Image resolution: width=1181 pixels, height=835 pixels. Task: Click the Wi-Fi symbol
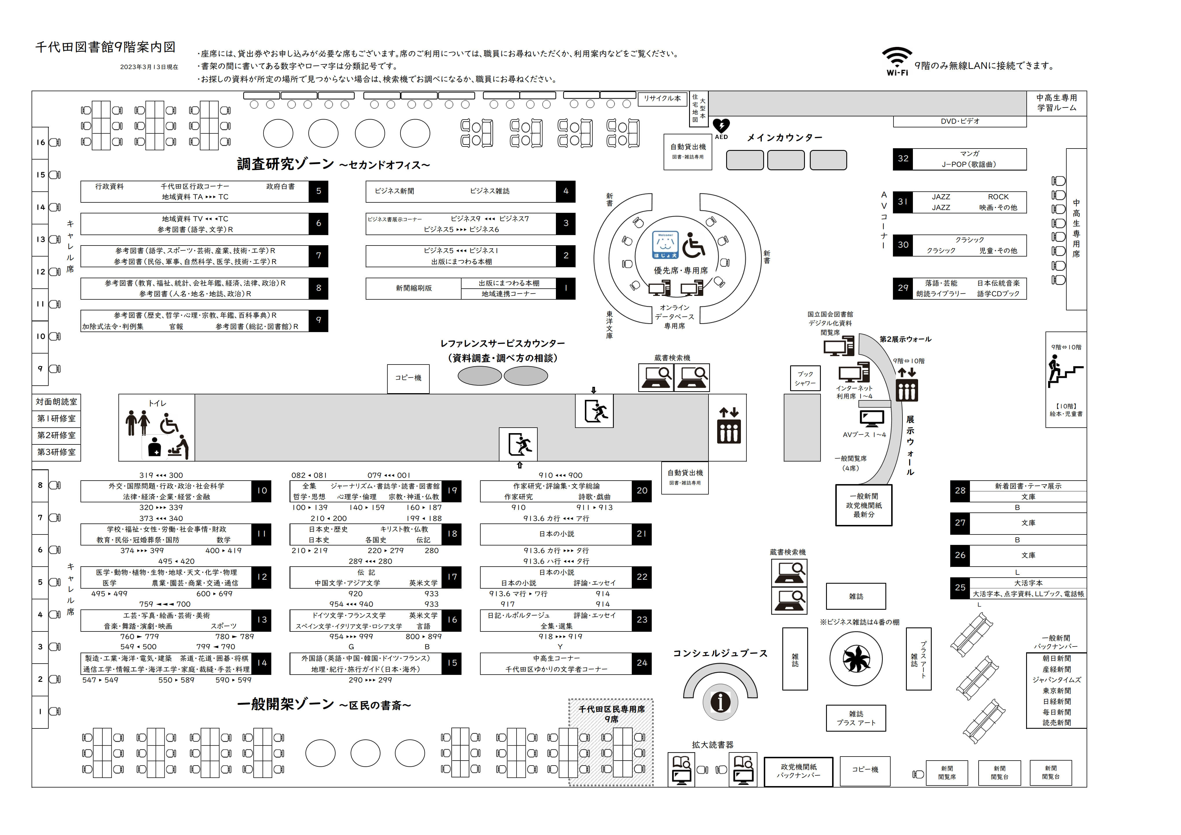pos(897,58)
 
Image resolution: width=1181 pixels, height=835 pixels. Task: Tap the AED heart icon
pos(721,126)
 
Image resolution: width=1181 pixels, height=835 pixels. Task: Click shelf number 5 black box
pos(318,191)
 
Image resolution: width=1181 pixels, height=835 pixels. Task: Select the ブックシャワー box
pos(805,379)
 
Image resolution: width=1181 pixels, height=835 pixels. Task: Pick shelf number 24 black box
pos(641,664)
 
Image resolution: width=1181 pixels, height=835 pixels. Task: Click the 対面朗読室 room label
pos(56,402)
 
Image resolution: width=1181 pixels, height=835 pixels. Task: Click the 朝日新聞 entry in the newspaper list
pos(1057,659)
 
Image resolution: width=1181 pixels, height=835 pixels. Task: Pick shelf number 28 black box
pos(960,491)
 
